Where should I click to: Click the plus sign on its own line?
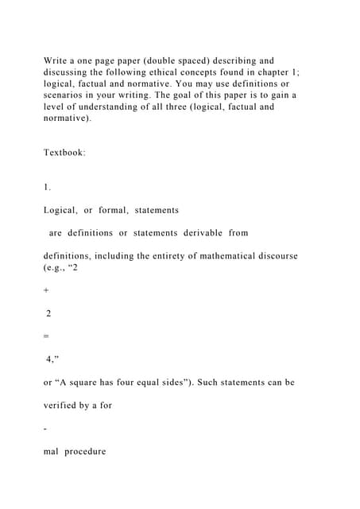coord(46,290)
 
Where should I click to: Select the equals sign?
coord(46,336)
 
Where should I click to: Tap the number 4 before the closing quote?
coord(49,359)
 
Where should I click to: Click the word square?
coord(99,382)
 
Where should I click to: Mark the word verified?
coord(65,405)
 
